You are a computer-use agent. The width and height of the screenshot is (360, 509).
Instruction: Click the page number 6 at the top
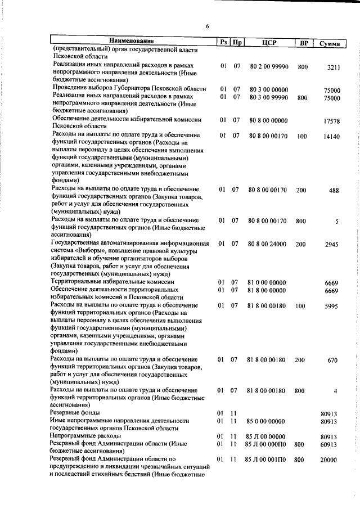click(207, 26)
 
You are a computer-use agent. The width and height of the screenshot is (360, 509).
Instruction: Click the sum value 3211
click(334, 67)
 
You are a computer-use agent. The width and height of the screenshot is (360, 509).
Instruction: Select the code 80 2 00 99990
click(268, 66)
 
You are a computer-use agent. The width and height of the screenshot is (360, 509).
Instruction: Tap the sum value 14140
click(332, 137)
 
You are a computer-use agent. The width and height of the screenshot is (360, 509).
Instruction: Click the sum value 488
click(334, 191)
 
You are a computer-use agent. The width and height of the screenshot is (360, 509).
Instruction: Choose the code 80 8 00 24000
click(267, 244)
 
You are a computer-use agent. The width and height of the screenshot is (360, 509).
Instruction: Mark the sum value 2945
click(333, 245)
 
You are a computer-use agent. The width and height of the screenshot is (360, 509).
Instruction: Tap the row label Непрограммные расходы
click(86, 436)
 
